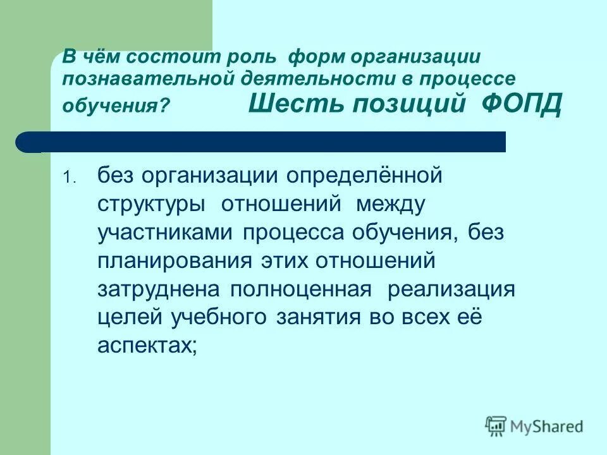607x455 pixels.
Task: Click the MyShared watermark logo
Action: tap(534, 426)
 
